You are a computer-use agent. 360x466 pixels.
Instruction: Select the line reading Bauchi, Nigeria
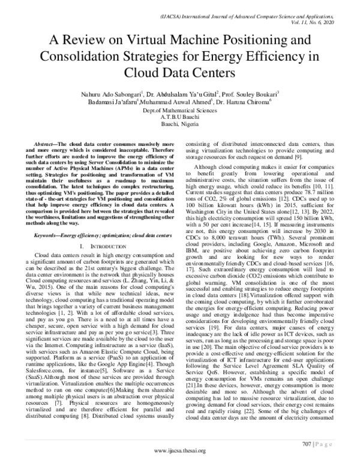click(180, 124)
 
